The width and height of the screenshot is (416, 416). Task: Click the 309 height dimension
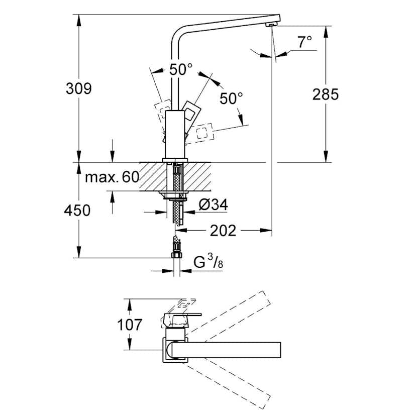pos(79,88)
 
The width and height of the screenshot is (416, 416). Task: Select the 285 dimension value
pos(326,94)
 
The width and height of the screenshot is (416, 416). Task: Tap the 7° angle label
pos(304,42)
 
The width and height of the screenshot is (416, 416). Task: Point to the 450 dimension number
pos(78,211)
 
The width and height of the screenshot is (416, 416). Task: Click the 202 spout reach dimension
pos(223,231)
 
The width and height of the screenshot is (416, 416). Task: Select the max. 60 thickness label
pos(111,177)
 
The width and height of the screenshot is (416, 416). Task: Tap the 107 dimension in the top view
pos(130,325)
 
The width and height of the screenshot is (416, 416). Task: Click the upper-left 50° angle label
pos(180,70)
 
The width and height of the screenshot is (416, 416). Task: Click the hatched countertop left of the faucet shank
pos(151,176)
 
